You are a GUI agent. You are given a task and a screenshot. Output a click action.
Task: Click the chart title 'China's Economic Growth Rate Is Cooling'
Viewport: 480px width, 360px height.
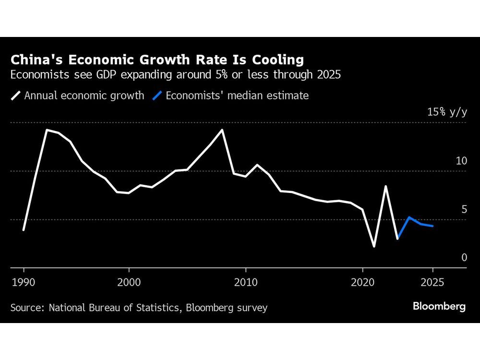pyautogui.click(x=157, y=60)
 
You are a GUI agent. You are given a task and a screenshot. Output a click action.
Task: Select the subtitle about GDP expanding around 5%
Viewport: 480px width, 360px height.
pyautogui.click(x=176, y=75)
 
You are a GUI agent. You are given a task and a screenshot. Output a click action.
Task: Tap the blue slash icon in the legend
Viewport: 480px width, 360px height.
pyautogui.click(x=156, y=96)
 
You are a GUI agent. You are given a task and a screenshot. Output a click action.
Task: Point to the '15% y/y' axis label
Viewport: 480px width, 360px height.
pyautogui.click(x=447, y=112)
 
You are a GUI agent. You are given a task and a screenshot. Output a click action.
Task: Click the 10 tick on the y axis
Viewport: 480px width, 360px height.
pyautogui.click(x=461, y=161)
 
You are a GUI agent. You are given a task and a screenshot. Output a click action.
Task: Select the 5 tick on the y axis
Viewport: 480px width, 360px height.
pyautogui.click(x=464, y=209)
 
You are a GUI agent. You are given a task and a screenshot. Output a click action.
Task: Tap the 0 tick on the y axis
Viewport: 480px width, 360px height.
pyautogui.click(x=464, y=258)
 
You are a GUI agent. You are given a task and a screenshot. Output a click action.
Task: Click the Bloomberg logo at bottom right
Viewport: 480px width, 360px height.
pyautogui.click(x=439, y=307)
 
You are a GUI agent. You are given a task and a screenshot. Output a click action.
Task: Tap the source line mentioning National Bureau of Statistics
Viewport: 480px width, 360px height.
pyautogui.click(x=139, y=307)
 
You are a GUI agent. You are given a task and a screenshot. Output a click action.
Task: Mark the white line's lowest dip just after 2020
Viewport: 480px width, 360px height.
pyautogui.click(x=374, y=246)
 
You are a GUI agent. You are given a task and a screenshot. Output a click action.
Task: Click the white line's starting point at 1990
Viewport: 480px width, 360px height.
pyautogui.click(x=24, y=230)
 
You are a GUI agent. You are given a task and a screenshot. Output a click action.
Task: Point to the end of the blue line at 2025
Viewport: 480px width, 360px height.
pyautogui.click(x=432, y=226)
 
